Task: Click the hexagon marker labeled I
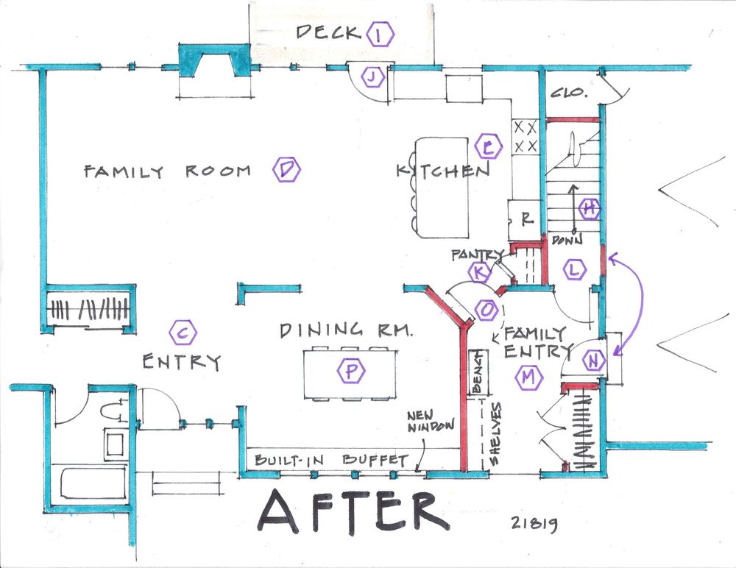380,35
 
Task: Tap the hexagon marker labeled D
286,169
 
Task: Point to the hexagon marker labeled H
590,208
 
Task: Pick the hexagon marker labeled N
594,361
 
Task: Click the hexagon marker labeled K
479,271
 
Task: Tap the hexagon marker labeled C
183,334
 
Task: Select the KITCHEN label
443,171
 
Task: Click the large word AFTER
353,511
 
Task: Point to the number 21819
534,523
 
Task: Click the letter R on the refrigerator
527,218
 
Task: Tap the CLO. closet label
569,93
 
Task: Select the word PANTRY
476,255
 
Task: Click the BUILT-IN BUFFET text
331,460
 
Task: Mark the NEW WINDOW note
431,422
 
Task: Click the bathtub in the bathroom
94,483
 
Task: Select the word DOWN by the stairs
567,239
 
